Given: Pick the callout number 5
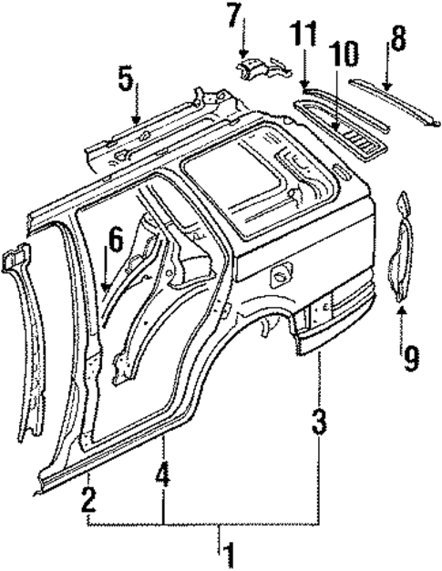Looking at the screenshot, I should pyautogui.click(x=125, y=81).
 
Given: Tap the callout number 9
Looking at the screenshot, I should pyautogui.click(x=412, y=356).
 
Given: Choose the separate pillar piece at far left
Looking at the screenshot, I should pyautogui.click(x=27, y=337).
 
